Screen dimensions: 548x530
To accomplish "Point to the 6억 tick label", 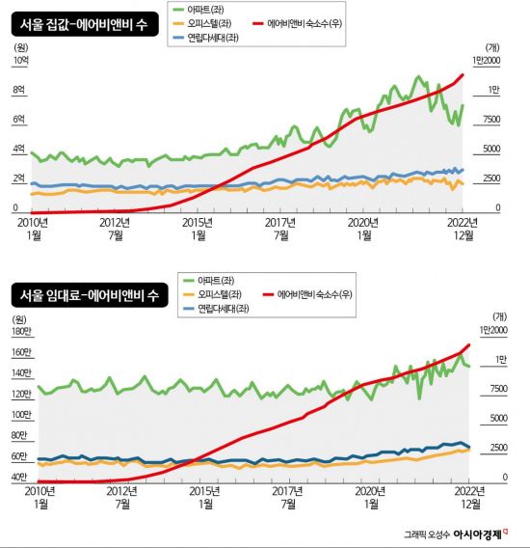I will pyautogui.click(x=18, y=120).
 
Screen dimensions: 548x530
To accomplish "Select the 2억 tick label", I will pyautogui.click(x=18, y=179).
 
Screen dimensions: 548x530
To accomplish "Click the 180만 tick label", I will pyautogui.click(x=22, y=333).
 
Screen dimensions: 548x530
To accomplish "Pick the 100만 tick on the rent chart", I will pyautogui.click(x=22, y=416).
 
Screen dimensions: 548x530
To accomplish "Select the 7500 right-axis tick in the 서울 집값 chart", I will pyautogui.click(x=489, y=120).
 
